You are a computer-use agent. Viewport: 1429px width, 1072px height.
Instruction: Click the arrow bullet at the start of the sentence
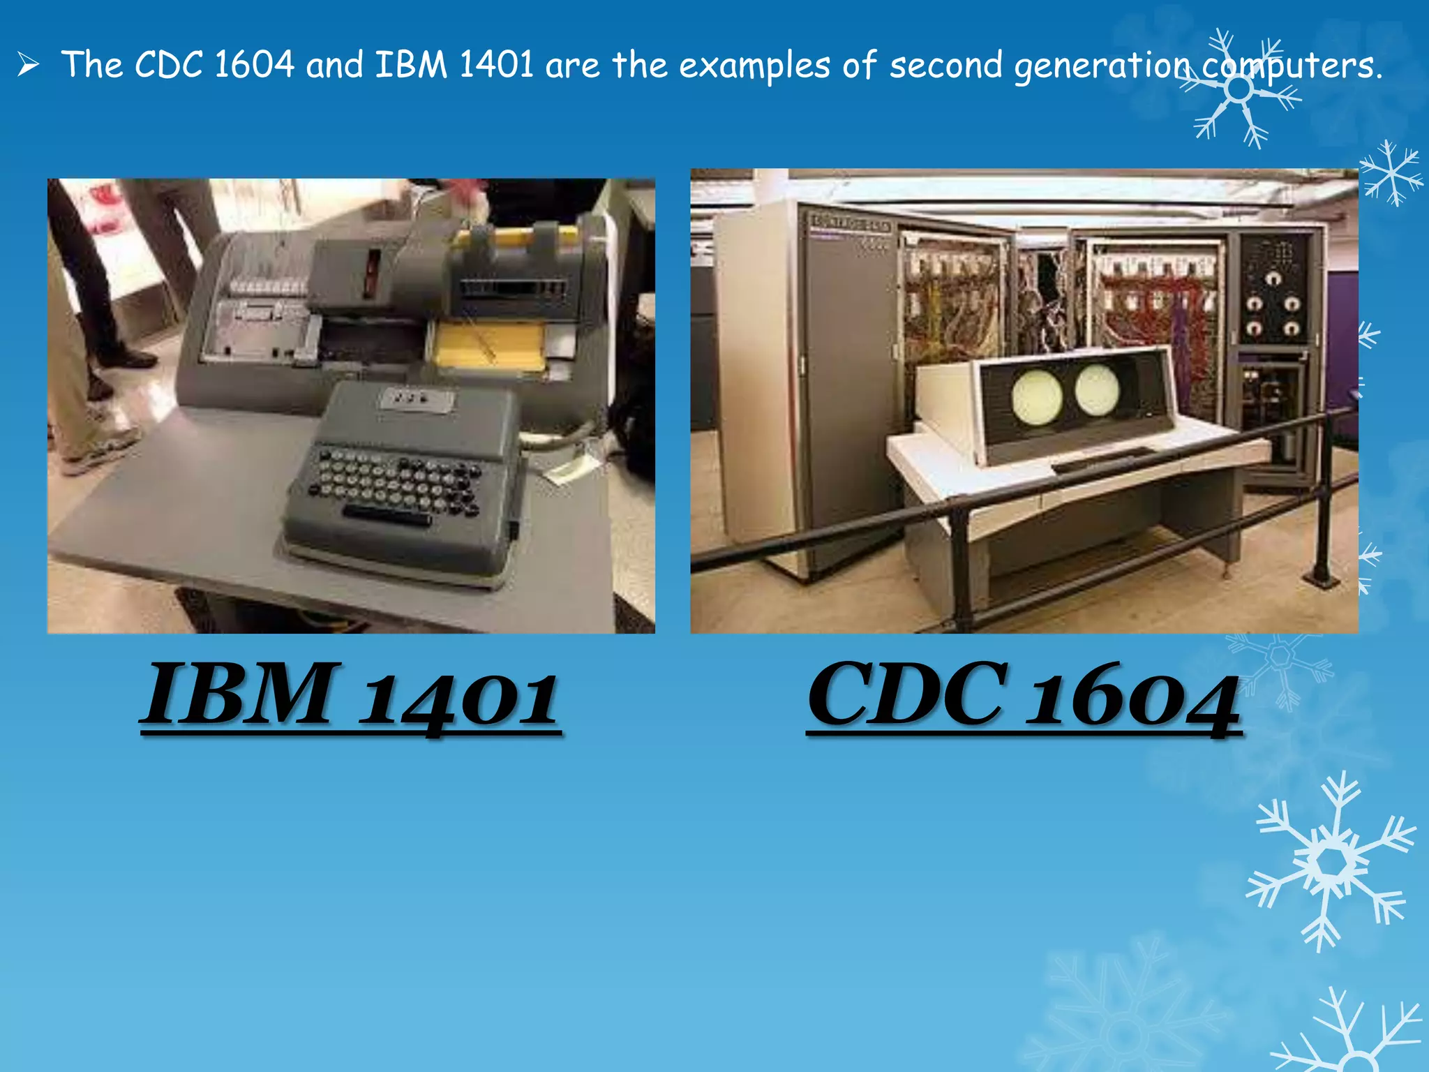tap(28, 66)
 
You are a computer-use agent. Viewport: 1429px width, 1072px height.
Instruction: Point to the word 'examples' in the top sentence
tap(754, 67)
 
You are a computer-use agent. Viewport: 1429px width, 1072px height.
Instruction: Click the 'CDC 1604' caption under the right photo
tap(1023, 698)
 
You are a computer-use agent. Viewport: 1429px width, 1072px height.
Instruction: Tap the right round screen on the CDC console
tap(1097, 388)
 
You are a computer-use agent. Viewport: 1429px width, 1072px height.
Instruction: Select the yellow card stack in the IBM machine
tap(488, 345)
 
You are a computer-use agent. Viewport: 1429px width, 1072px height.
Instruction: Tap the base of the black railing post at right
tap(1321, 577)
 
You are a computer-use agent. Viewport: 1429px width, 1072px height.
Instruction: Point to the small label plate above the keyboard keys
tap(415, 399)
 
